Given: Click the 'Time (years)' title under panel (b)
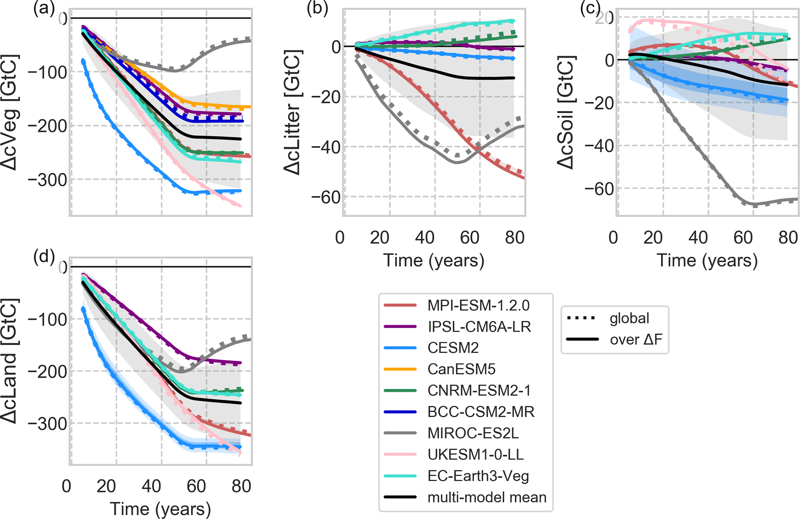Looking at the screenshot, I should (433, 260).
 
